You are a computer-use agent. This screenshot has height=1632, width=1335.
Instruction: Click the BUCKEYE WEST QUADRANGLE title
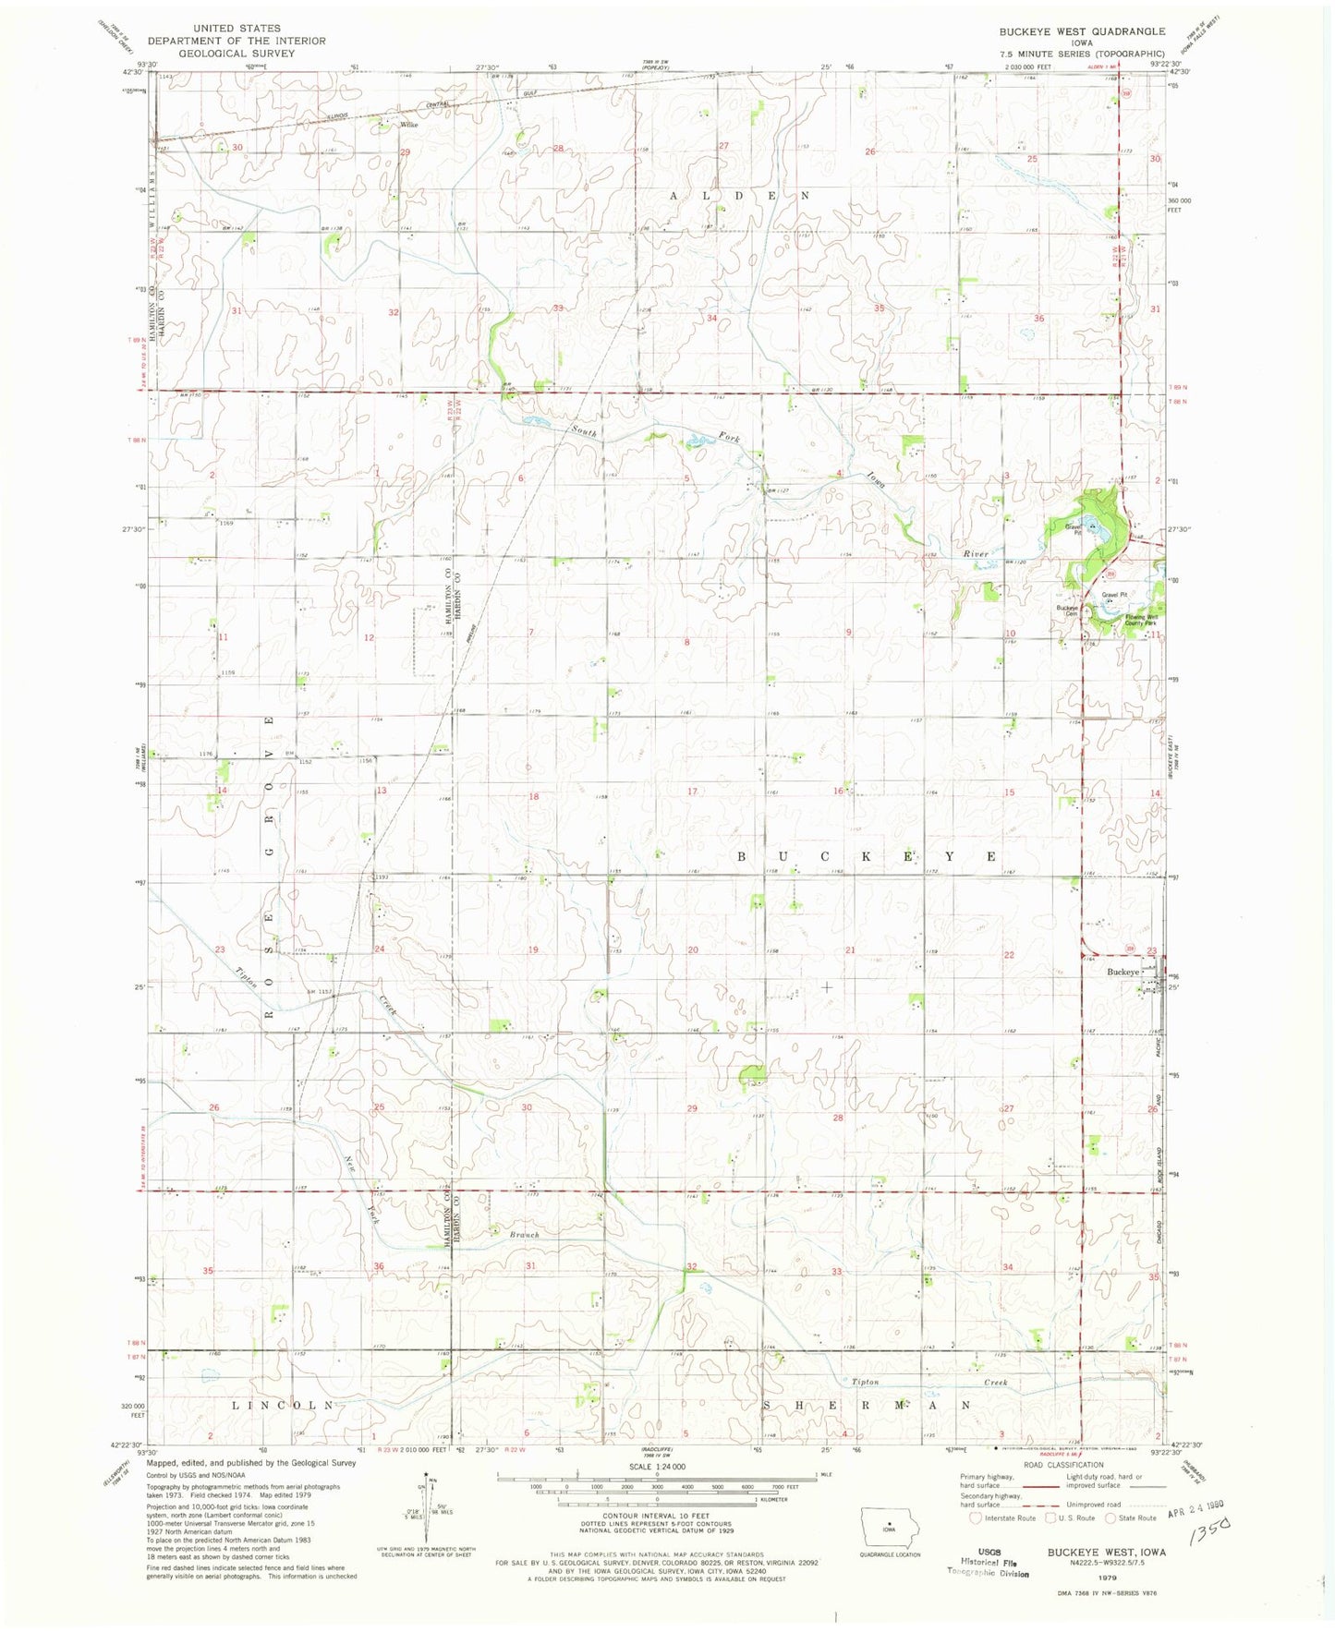[x=1081, y=31]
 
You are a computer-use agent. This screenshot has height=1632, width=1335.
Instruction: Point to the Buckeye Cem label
[x=1068, y=610]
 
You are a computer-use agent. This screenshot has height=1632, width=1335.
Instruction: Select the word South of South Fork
[x=583, y=430]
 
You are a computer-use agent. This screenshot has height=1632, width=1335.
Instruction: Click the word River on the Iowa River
[x=976, y=554]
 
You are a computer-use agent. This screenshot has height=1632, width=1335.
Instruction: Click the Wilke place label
[x=409, y=124]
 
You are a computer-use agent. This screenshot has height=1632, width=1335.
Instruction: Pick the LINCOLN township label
[x=282, y=1405]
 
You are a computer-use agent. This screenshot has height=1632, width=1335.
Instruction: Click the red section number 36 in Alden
[x=1038, y=319]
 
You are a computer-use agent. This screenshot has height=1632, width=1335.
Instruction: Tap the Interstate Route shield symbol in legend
[x=976, y=1517]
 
